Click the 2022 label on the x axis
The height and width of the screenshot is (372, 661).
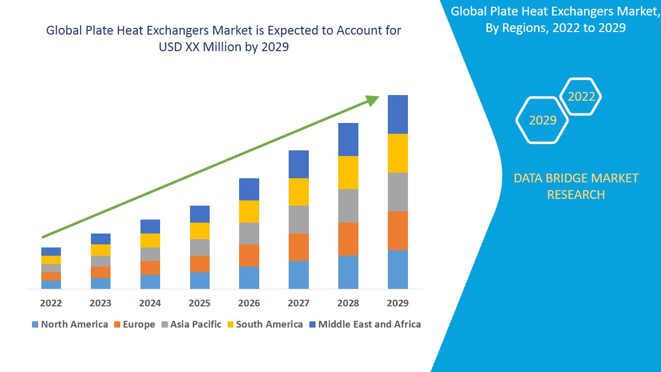pyautogui.click(x=51, y=303)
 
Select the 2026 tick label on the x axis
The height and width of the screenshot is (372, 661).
pyautogui.click(x=249, y=303)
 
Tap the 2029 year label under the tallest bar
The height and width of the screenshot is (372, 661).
pyautogui.click(x=398, y=303)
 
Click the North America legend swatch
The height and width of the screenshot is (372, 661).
pyautogui.click(x=35, y=324)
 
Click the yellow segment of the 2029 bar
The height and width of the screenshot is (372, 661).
pyautogui.click(x=398, y=153)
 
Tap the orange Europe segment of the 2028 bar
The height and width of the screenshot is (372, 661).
pyautogui.click(x=348, y=239)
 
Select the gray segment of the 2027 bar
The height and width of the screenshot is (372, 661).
pyautogui.click(x=298, y=220)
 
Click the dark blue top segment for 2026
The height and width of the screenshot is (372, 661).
pyautogui.click(x=249, y=189)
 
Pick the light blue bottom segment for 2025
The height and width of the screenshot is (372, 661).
pyautogui.click(x=199, y=280)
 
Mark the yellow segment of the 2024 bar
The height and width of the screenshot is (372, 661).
pyautogui.click(x=150, y=240)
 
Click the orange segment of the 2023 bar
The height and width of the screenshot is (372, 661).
pyautogui.click(x=100, y=272)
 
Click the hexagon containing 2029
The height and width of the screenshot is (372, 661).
pyautogui.click(x=542, y=120)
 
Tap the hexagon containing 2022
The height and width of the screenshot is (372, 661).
pyautogui.click(x=581, y=97)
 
